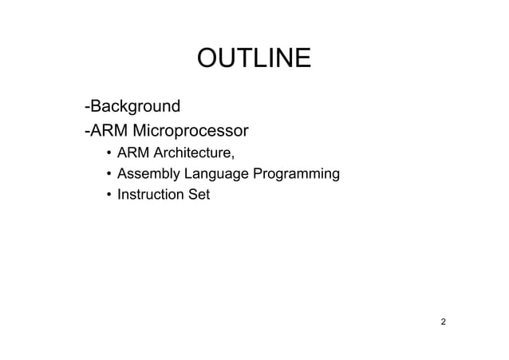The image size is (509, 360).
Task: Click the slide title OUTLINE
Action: (254, 59)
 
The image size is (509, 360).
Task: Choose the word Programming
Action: (296, 173)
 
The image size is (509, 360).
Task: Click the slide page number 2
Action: (444, 322)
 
